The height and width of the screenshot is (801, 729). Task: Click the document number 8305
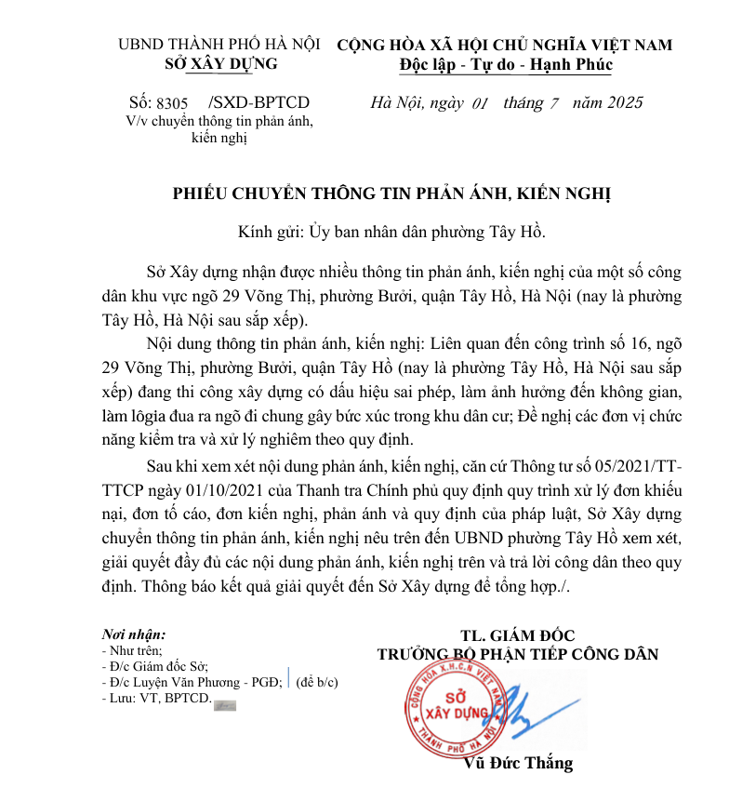click(172, 103)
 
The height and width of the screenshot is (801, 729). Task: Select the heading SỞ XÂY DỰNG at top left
click(219, 63)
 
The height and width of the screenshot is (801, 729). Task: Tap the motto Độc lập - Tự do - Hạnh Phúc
click(505, 64)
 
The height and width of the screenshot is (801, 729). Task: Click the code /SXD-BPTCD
click(259, 102)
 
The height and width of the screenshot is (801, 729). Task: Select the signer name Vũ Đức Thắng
click(518, 764)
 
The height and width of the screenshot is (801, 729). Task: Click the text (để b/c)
click(317, 681)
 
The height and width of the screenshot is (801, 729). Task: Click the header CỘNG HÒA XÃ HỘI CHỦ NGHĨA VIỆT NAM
click(504, 44)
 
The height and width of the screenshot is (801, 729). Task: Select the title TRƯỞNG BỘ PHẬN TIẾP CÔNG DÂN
click(517, 655)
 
